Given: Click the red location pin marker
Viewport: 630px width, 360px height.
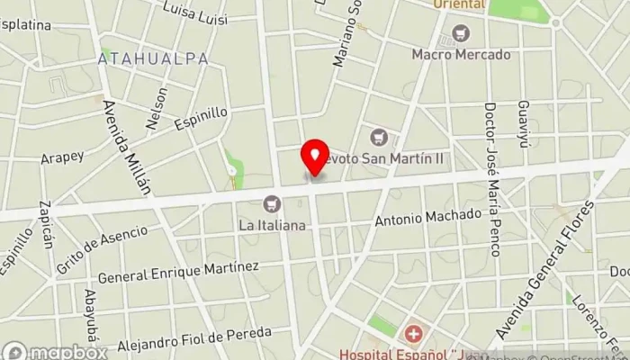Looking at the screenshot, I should pyautogui.click(x=315, y=158).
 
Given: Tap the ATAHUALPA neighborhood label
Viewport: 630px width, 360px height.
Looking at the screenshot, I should pyautogui.click(x=153, y=58).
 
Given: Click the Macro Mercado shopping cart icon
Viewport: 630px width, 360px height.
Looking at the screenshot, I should pyautogui.click(x=462, y=33).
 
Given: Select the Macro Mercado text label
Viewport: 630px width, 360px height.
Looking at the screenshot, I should pyautogui.click(x=461, y=54).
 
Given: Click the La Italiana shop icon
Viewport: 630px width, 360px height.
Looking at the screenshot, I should pyautogui.click(x=272, y=204).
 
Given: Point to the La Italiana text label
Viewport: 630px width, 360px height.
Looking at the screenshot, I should pyautogui.click(x=272, y=224).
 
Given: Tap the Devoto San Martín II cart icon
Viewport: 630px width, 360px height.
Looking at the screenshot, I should pyautogui.click(x=379, y=137).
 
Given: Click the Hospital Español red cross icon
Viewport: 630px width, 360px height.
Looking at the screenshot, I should pyautogui.click(x=413, y=336).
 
